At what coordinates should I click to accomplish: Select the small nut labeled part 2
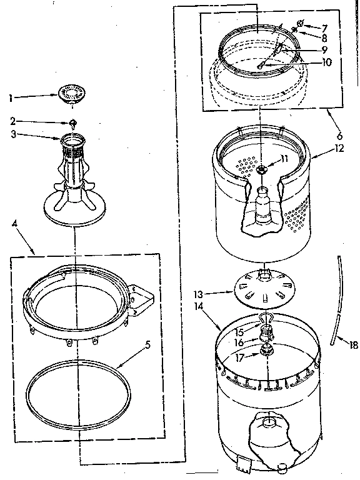click(x=73, y=122)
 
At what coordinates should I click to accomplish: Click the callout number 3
click(x=12, y=134)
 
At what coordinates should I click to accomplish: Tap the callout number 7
click(x=325, y=27)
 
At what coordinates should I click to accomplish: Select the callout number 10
click(x=327, y=62)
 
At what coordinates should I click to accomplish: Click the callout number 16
click(x=240, y=343)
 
